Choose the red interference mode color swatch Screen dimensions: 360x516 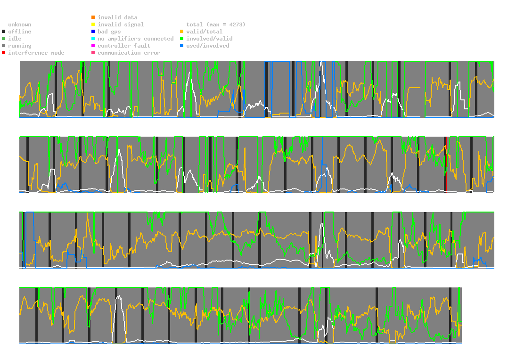[x=4, y=53]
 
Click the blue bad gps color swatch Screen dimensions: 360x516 [x=93, y=32]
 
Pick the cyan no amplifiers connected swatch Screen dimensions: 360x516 [x=93, y=39]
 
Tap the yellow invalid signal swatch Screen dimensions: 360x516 [x=93, y=25]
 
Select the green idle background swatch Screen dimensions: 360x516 [x=4, y=39]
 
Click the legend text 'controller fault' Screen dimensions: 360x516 [x=124, y=46]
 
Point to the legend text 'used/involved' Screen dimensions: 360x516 [x=208, y=46]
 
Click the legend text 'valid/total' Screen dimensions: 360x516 [x=204, y=32]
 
